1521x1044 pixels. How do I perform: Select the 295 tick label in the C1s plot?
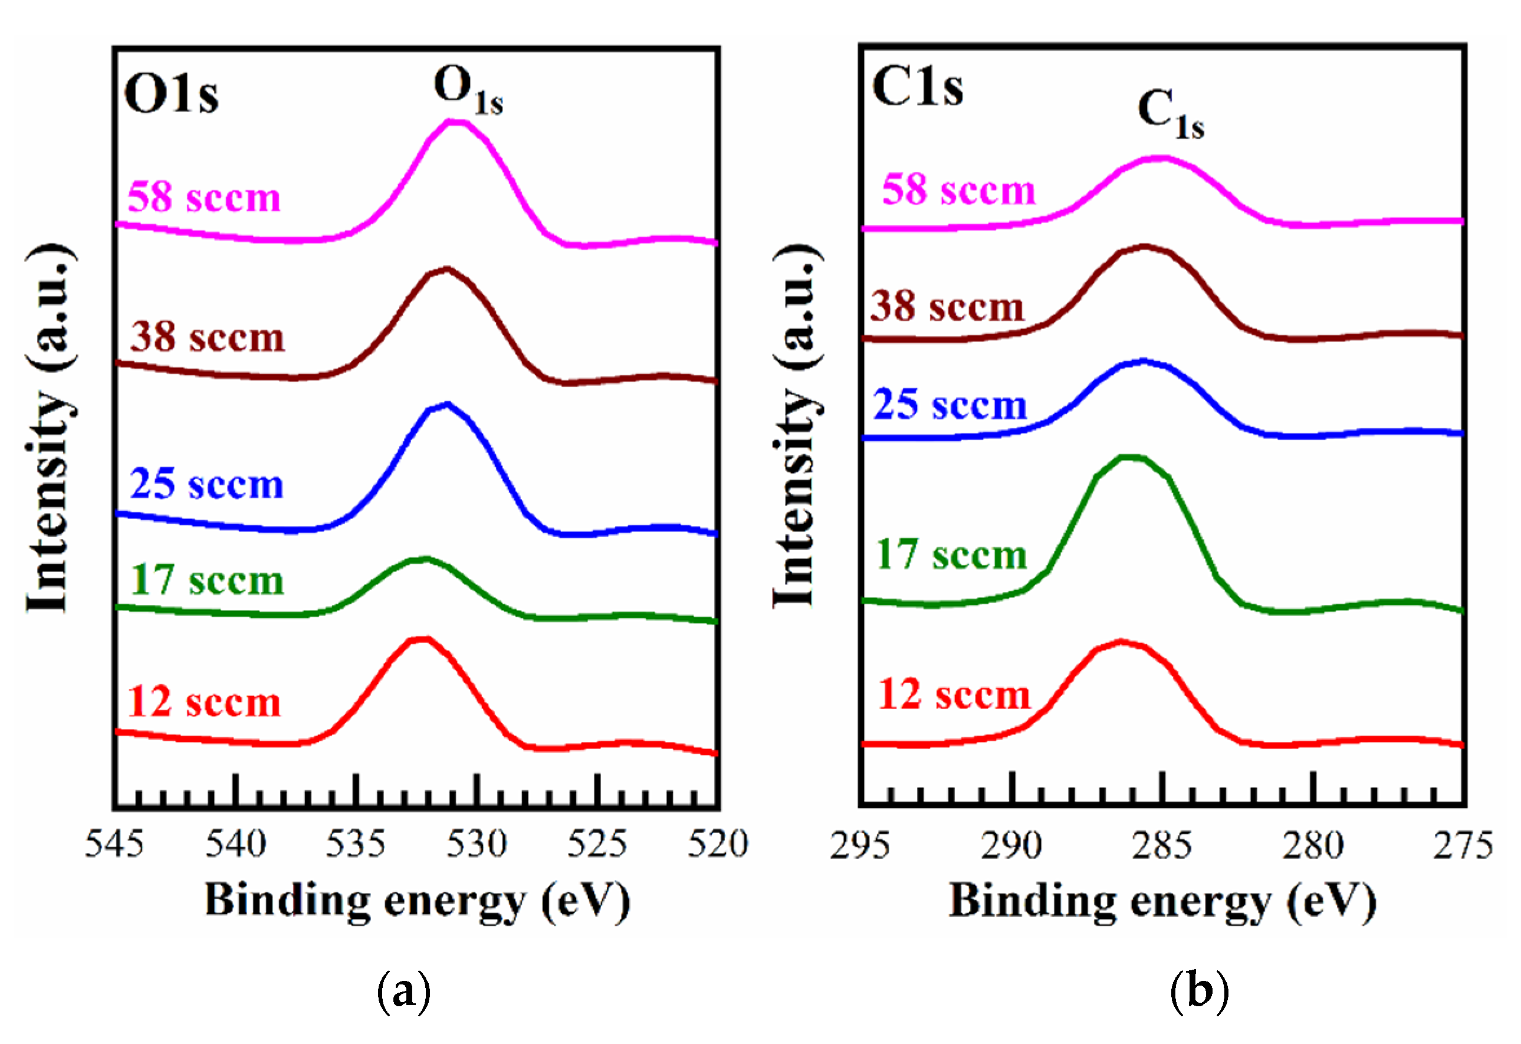pyautogui.click(x=860, y=845)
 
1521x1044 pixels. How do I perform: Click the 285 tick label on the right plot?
pyautogui.click(x=1162, y=845)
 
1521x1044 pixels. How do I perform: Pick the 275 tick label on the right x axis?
pyautogui.click(x=1463, y=845)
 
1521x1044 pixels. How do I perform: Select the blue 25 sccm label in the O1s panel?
pyautogui.click(x=207, y=484)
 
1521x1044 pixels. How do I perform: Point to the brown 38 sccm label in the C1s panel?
pyautogui.click(x=947, y=306)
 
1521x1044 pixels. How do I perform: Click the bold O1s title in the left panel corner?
pyautogui.click(x=172, y=94)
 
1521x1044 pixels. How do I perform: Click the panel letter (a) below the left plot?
pyautogui.click(x=404, y=992)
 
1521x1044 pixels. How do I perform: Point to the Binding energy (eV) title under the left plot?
pyautogui.click(x=418, y=901)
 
